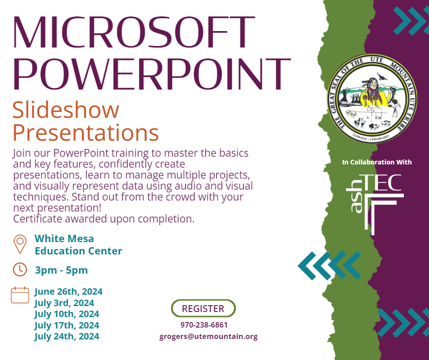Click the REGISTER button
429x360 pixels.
click(x=203, y=308)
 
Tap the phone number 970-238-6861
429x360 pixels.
click(x=204, y=325)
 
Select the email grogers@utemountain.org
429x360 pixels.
click(x=209, y=336)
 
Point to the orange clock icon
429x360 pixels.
click(x=20, y=270)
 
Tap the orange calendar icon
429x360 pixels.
click(x=20, y=295)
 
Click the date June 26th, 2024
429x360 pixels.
click(x=68, y=292)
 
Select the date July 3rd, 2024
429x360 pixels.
click(x=64, y=303)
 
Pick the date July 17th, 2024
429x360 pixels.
click(x=67, y=325)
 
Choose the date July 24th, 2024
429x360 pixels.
click(x=67, y=336)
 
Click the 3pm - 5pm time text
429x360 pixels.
click(x=61, y=270)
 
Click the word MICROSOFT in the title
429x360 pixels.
click(x=134, y=32)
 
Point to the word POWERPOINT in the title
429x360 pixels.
click(x=152, y=74)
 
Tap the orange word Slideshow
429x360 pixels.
click(x=66, y=110)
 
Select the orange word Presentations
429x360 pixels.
click(x=86, y=132)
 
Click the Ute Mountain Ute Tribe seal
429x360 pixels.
click(x=372, y=99)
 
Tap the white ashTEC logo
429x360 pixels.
click(x=375, y=204)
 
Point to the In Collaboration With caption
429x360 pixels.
click(x=377, y=162)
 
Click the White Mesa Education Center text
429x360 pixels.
click(x=78, y=245)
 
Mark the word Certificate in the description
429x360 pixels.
click(x=38, y=219)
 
